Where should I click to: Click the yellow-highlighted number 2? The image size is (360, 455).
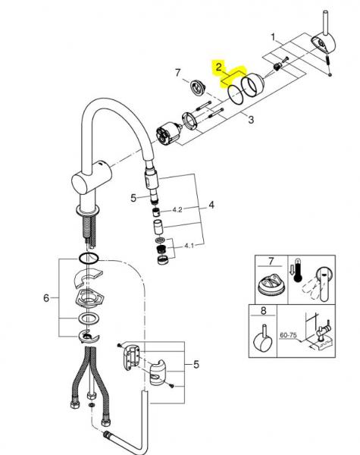tap(218, 67)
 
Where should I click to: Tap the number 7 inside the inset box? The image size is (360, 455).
tap(261, 262)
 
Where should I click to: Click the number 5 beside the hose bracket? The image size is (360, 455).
tap(196, 365)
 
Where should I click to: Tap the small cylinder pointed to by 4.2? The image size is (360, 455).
tap(156, 211)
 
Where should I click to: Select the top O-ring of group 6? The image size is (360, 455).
tap(89, 259)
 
